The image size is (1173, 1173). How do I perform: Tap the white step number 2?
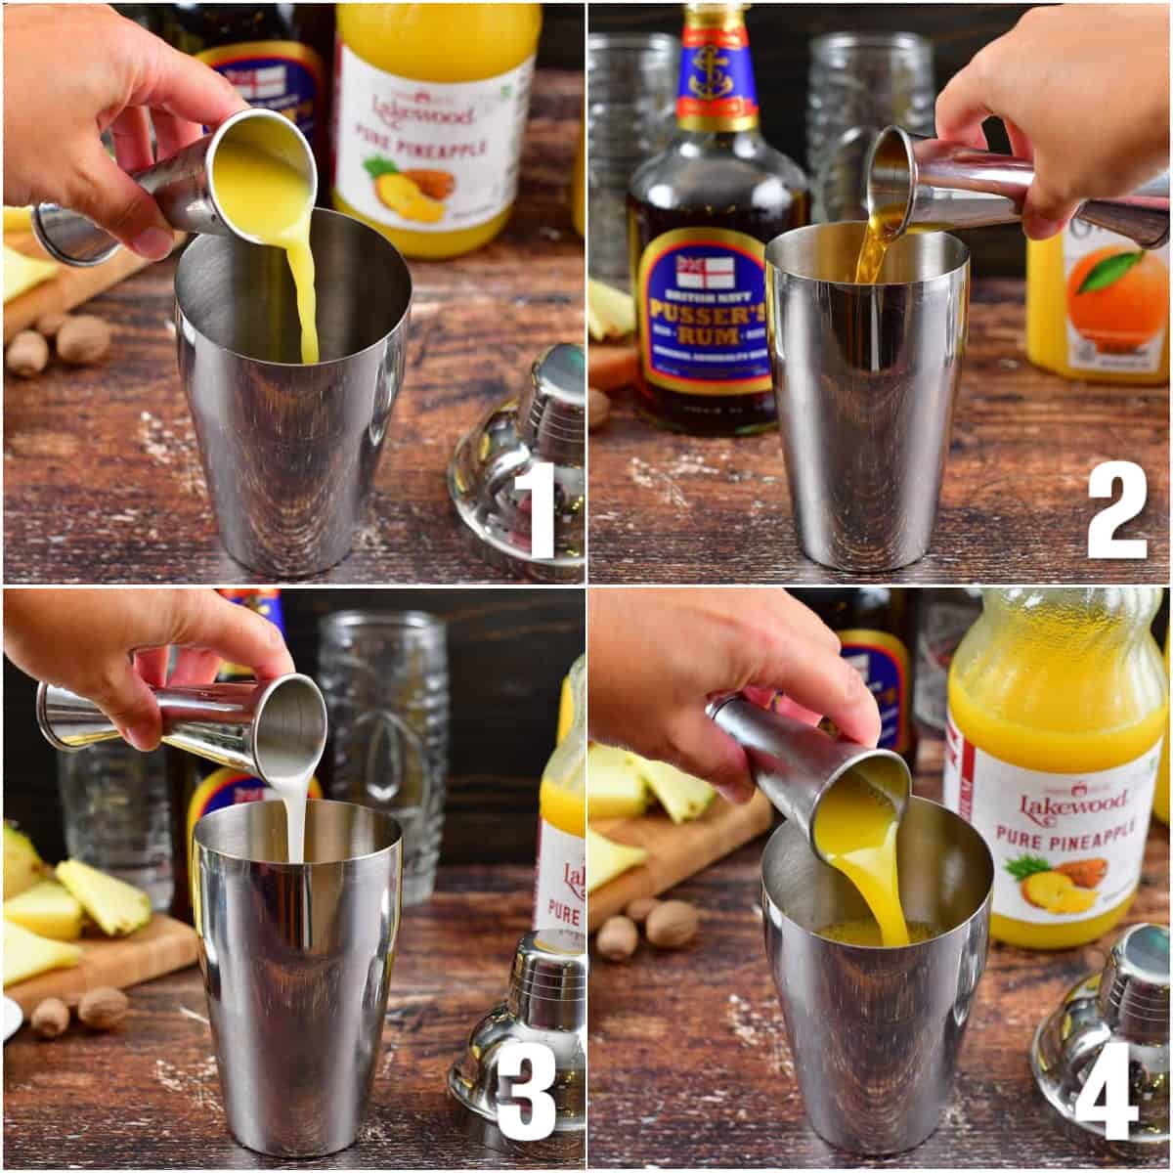(x=1116, y=509)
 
